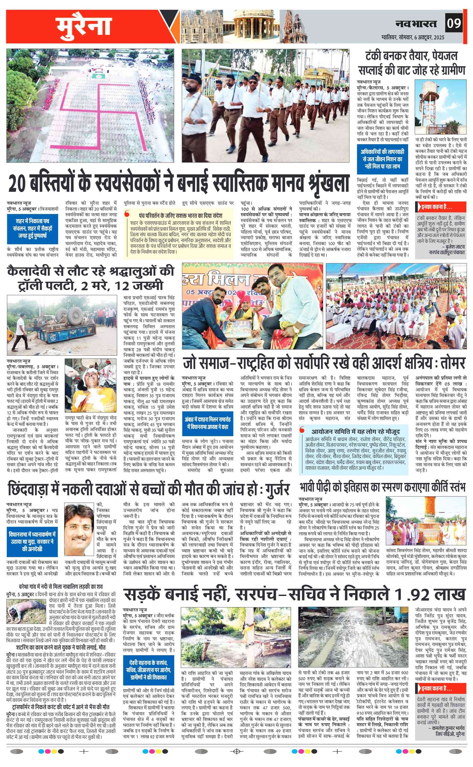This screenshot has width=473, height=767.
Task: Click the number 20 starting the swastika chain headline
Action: (17, 184)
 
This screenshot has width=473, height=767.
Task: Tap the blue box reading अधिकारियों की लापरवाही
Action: (382, 159)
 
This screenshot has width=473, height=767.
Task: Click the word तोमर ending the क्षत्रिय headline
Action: (452, 363)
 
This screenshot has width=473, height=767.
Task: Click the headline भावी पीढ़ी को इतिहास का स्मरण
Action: (382, 487)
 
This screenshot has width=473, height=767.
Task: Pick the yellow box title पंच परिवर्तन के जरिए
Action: (181, 216)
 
